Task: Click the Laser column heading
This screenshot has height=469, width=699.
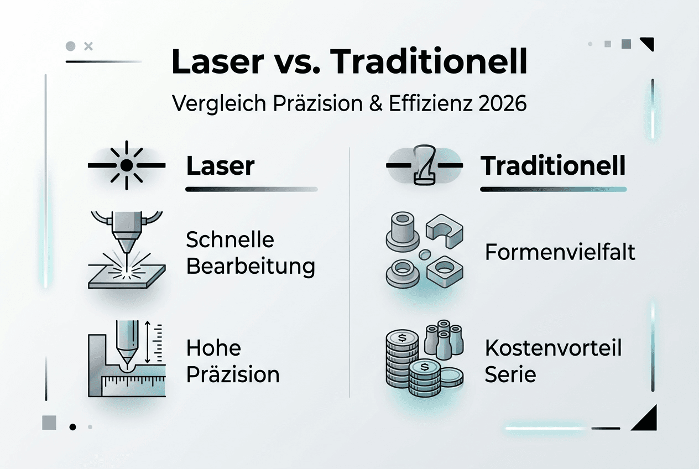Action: click(x=220, y=166)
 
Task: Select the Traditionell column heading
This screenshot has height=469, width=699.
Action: click(x=554, y=166)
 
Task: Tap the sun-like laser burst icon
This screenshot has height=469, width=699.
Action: click(x=127, y=165)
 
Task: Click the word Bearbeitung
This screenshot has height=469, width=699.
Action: click(x=251, y=267)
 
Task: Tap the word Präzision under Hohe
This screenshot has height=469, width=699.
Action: click(x=233, y=374)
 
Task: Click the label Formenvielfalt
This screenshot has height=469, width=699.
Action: click(x=560, y=252)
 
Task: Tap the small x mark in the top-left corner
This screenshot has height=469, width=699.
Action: click(x=87, y=46)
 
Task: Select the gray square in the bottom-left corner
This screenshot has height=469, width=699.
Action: click(x=49, y=423)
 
